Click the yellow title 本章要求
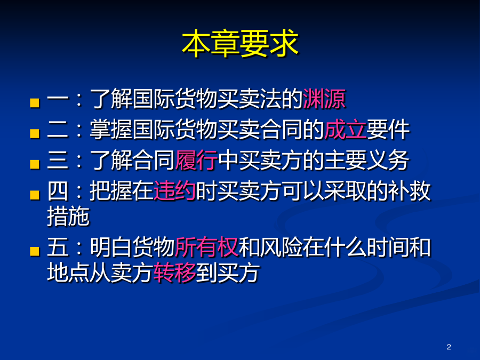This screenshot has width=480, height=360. [x=240, y=44]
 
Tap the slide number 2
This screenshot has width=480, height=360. [x=449, y=347]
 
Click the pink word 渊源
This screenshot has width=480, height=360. [x=324, y=99]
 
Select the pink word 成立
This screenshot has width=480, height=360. [x=345, y=130]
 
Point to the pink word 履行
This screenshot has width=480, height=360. [x=196, y=160]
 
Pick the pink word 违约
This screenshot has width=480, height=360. [x=175, y=191]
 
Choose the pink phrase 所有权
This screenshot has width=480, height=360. [x=206, y=247]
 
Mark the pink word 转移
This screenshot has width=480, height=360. [x=175, y=272]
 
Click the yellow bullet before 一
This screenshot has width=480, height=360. [x=35, y=103]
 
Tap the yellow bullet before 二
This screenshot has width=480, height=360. [x=35, y=133]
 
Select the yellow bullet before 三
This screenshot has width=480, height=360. [x=35, y=164]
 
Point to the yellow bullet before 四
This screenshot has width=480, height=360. [x=35, y=195]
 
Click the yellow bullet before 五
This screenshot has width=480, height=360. [x=35, y=251]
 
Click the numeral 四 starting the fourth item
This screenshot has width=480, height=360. [x=58, y=191]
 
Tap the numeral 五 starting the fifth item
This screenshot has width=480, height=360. [x=58, y=247]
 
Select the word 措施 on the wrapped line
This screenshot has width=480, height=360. [x=68, y=216]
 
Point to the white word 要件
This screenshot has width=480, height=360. [x=388, y=130]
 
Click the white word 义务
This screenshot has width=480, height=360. [x=388, y=160]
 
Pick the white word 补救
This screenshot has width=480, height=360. [x=410, y=191]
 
